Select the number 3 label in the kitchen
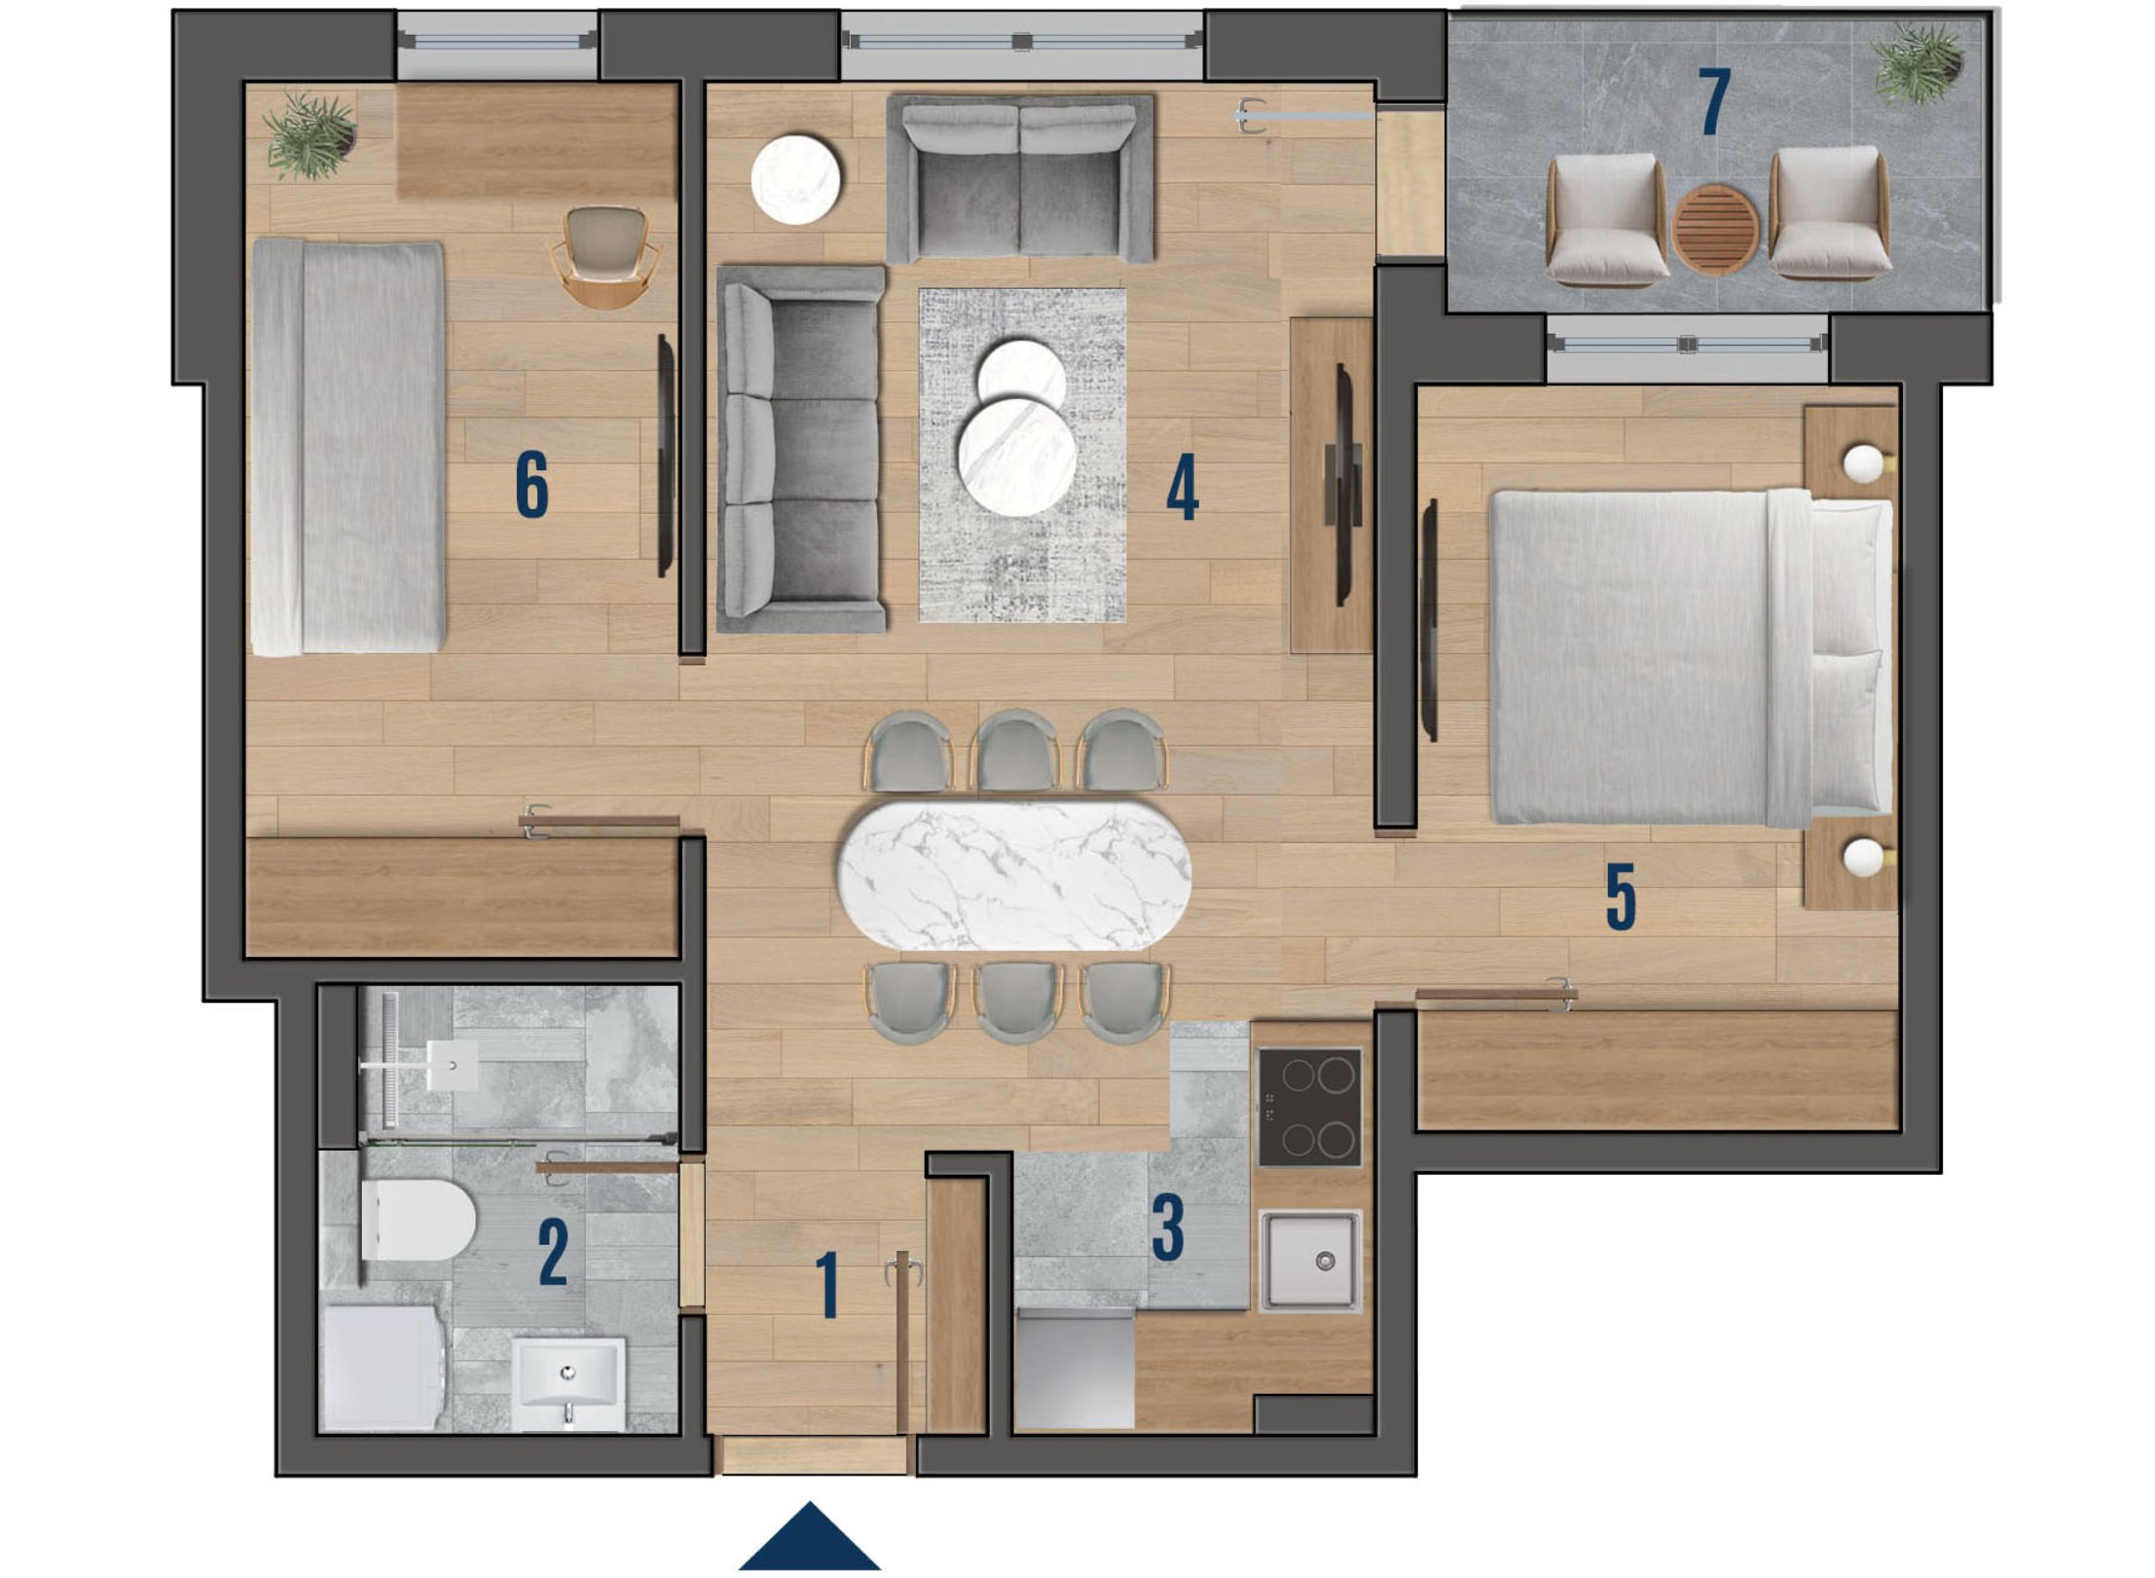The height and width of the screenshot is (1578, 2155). pyautogui.click(x=1167, y=1228)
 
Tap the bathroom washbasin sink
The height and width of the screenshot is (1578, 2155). pyautogui.click(x=568, y=1383)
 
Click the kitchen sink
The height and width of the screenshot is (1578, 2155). pyautogui.click(x=1310, y=1261)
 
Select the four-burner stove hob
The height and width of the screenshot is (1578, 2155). pyautogui.click(x=1309, y=1107)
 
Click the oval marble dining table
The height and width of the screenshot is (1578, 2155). pyautogui.click(x=1013, y=874)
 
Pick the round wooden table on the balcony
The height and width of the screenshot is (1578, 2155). pyautogui.click(x=1715, y=230)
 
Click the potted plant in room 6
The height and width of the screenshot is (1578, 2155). pyautogui.click(x=310, y=135)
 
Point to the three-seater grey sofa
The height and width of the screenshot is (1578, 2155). pyautogui.click(x=801, y=450)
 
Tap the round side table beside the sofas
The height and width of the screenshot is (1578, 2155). pyautogui.click(x=796, y=179)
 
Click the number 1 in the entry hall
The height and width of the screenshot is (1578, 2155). pyautogui.click(x=827, y=1285)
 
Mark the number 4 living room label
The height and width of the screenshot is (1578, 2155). pyautogui.click(x=1182, y=489)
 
